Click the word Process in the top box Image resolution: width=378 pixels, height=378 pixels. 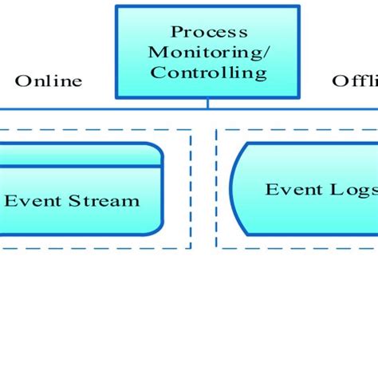tap(209, 32)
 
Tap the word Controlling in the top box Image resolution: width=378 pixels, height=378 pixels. tap(209, 73)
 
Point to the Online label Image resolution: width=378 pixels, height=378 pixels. tap(49, 81)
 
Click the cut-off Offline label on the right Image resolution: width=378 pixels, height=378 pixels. tap(354, 81)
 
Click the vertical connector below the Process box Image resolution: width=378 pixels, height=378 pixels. tap(208, 102)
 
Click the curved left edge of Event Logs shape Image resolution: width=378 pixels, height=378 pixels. tap(232, 190)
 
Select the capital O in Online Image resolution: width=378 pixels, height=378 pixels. tap(22, 81)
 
